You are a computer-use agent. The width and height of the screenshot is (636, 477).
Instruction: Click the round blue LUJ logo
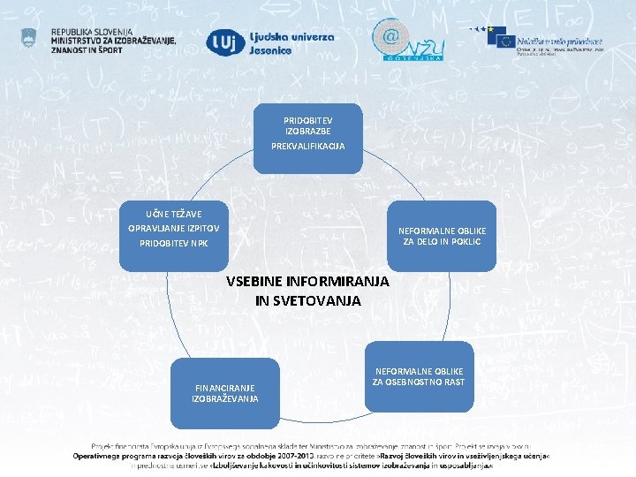point(221,42)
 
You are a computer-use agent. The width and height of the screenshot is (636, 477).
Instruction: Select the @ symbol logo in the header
point(390,38)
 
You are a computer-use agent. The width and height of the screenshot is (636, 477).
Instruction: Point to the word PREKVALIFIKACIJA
point(309,146)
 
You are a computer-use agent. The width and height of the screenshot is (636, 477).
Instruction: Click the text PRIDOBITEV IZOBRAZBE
point(309,125)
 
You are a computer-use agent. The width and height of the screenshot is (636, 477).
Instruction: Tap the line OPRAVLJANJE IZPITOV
point(174,227)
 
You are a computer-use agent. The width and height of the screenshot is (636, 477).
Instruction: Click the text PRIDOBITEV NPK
point(174,243)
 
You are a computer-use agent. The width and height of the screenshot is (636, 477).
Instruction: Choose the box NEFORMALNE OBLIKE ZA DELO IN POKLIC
point(442,236)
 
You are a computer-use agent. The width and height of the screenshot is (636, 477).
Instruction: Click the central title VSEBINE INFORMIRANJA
point(307,282)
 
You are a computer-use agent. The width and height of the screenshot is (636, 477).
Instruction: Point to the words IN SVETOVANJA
point(307,300)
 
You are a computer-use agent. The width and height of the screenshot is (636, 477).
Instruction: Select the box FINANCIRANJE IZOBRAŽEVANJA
point(225,393)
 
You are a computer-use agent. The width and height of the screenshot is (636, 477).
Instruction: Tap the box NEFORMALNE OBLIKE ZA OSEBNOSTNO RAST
point(419,376)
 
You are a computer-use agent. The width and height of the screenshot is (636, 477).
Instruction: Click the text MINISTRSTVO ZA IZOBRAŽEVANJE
point(114,41)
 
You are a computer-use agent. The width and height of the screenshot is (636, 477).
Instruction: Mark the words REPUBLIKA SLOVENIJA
point(91,31)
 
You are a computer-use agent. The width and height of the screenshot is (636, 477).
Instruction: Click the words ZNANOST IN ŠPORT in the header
point(87,49)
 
